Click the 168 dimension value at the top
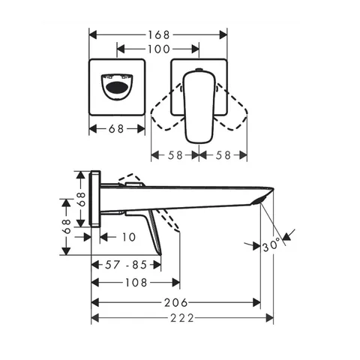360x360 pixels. tap(159, 34)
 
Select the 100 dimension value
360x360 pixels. tap(159, 49)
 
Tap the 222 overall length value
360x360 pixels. tap(182, 318)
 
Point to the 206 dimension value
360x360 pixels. tap(175, 303)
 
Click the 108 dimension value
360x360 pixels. tap(136, 283)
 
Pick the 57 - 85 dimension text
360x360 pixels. tap(126, 265)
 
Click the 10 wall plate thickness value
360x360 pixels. tap(129, 237)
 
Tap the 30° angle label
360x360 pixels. tap(271, 245)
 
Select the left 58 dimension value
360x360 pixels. tap(175, 155)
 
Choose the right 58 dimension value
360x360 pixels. tap(223, 155)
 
